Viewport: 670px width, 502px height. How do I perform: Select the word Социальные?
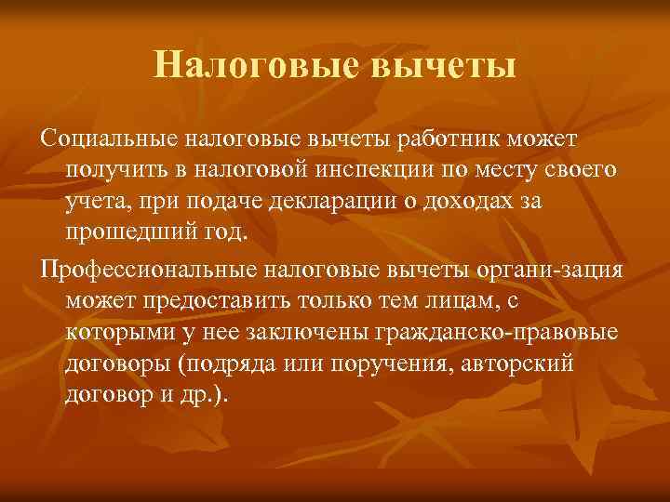point(107,140)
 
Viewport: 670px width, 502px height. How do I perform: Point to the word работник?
point(449,140)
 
